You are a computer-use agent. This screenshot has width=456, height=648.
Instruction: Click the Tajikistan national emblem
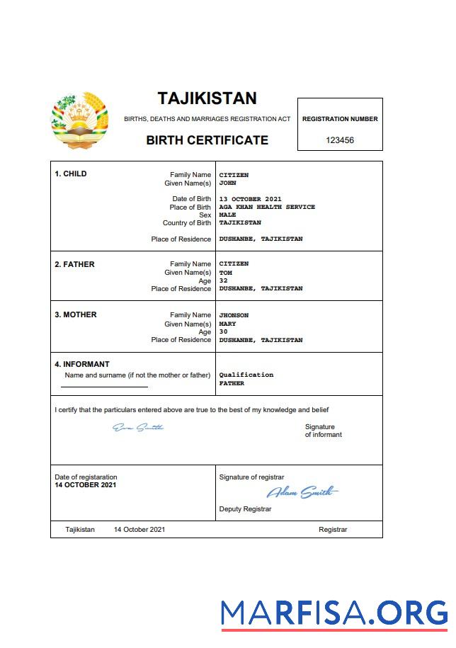[x=80, y=120]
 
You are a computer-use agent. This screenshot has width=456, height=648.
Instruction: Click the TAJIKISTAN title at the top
[x=207, y=98]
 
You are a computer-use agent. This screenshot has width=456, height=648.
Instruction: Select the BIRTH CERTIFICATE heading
[x=207, y=140]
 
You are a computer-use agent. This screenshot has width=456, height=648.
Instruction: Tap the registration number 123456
[x=340, y=140]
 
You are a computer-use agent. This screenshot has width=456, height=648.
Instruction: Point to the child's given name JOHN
[x=227, y=183]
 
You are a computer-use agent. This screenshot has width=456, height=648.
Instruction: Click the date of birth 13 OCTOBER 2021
[x=251, y=199]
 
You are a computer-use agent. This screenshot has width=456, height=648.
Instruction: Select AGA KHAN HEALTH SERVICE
[x=267, y=207]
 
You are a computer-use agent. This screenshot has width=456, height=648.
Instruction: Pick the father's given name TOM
[x=226, y=273]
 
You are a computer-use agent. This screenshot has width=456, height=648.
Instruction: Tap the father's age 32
[x=224, y=280]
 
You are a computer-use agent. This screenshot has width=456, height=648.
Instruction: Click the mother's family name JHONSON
[x=234, y=315]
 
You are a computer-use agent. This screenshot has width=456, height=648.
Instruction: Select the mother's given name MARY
[x=227, y=324]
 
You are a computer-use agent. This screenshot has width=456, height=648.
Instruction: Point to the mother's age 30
[x=224, y=331]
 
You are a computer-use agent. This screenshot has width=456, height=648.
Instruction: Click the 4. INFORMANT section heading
[x=82, y=365]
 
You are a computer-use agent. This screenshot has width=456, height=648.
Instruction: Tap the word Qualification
[x=246, y=375]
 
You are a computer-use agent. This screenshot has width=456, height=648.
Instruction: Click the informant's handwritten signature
[x=138, y=427]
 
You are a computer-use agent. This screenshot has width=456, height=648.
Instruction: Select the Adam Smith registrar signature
[x=302, y=492]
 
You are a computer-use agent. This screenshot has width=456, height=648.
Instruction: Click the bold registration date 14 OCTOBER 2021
[x=86, y=485]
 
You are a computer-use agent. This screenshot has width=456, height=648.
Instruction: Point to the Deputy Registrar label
[x=245, y=509]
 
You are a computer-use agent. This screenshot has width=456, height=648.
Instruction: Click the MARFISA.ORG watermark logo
[x=334, y=613]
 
